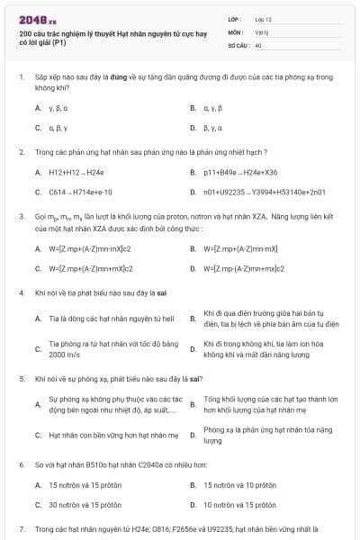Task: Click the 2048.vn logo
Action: tap(31, 19)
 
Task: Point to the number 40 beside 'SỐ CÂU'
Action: tap(258, 44)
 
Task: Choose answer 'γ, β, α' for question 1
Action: tap(58, 108)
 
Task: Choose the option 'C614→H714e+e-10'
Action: tap(80, 192)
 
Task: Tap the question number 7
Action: tap(21, 529)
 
